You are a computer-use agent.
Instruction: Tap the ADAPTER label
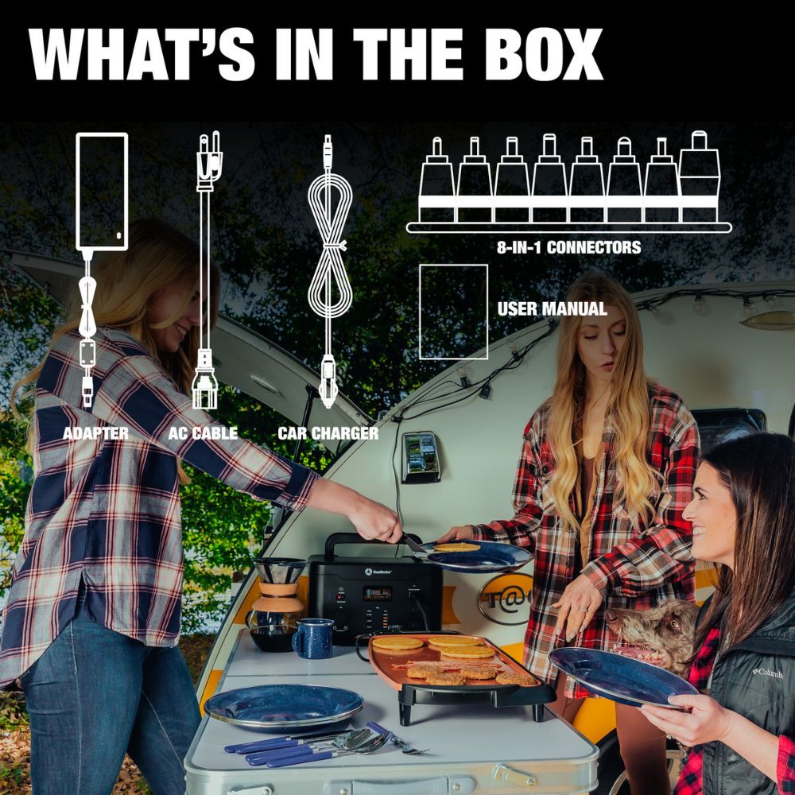96,433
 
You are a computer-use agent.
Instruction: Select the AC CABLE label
203,433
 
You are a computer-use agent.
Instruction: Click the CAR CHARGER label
328,433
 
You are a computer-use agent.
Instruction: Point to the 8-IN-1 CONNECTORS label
569,247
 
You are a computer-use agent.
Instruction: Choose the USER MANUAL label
553,308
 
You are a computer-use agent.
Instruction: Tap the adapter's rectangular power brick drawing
102,192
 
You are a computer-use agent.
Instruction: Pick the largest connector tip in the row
699,177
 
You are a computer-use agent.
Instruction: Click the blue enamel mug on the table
314,638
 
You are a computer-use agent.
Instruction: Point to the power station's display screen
377,593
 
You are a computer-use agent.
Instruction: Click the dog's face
654,634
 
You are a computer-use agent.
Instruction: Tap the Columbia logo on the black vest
767,673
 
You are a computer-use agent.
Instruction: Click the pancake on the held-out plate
456,547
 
